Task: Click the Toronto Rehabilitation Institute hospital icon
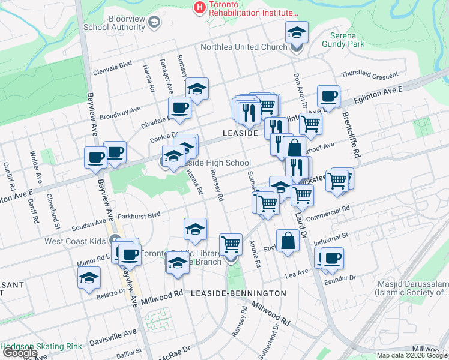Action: click(x=199, y=7)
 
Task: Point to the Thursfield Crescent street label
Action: click(x=369, y=76)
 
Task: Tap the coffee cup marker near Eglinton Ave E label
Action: click(x=328, y=97)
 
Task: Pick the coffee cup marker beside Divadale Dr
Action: click(x=178, y=109)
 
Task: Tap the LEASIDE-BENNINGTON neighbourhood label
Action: click(x=238, y=293)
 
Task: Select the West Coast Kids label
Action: click(x=76, y=241)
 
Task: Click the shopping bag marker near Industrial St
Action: click(x=288, y=241)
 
